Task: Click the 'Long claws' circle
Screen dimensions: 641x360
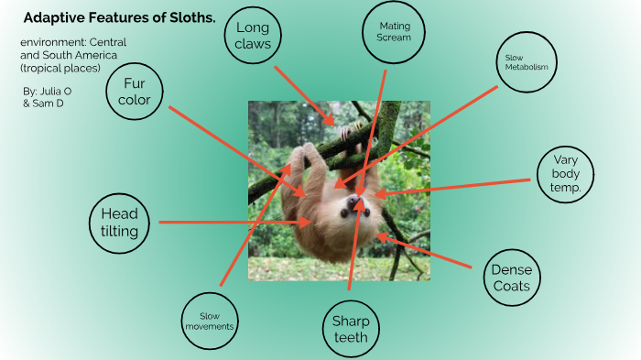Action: point(253,36)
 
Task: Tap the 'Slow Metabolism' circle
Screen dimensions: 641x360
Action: point(526,62)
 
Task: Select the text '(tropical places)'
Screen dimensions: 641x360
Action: point(60,68)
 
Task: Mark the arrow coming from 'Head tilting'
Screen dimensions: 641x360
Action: point(234,222)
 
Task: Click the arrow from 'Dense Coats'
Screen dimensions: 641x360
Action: point(426,252)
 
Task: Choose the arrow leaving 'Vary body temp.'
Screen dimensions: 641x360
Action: point(458,185)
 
